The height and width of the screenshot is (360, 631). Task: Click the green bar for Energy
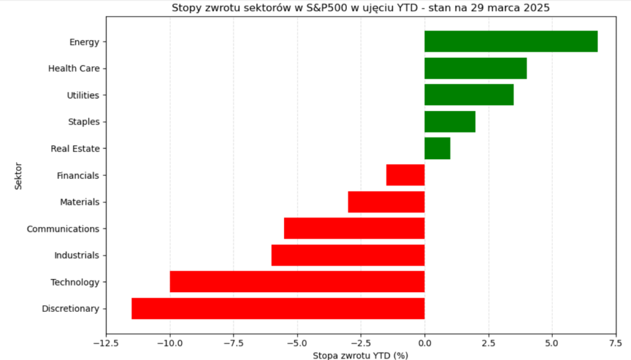[511, 41]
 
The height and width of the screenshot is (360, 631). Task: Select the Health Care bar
[475, 68]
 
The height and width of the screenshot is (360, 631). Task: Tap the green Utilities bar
[469, 95]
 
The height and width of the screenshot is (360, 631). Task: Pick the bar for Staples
[450, 121]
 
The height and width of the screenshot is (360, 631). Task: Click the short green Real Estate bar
[437, 149]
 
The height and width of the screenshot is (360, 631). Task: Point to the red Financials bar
[405, 175]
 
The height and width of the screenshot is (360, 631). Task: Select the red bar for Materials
[386, 202]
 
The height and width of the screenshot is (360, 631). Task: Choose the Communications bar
[354, 229]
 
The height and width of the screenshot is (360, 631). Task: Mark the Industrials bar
[348, 255]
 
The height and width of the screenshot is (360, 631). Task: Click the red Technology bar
[297, 282]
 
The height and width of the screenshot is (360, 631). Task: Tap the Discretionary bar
[278, 308]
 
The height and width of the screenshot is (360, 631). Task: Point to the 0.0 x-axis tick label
[425, 343]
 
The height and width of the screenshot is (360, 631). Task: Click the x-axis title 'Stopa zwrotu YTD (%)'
[360, 355]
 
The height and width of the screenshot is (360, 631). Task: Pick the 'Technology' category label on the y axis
[75, 282]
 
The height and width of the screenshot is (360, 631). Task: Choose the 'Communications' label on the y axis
[63, 229]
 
